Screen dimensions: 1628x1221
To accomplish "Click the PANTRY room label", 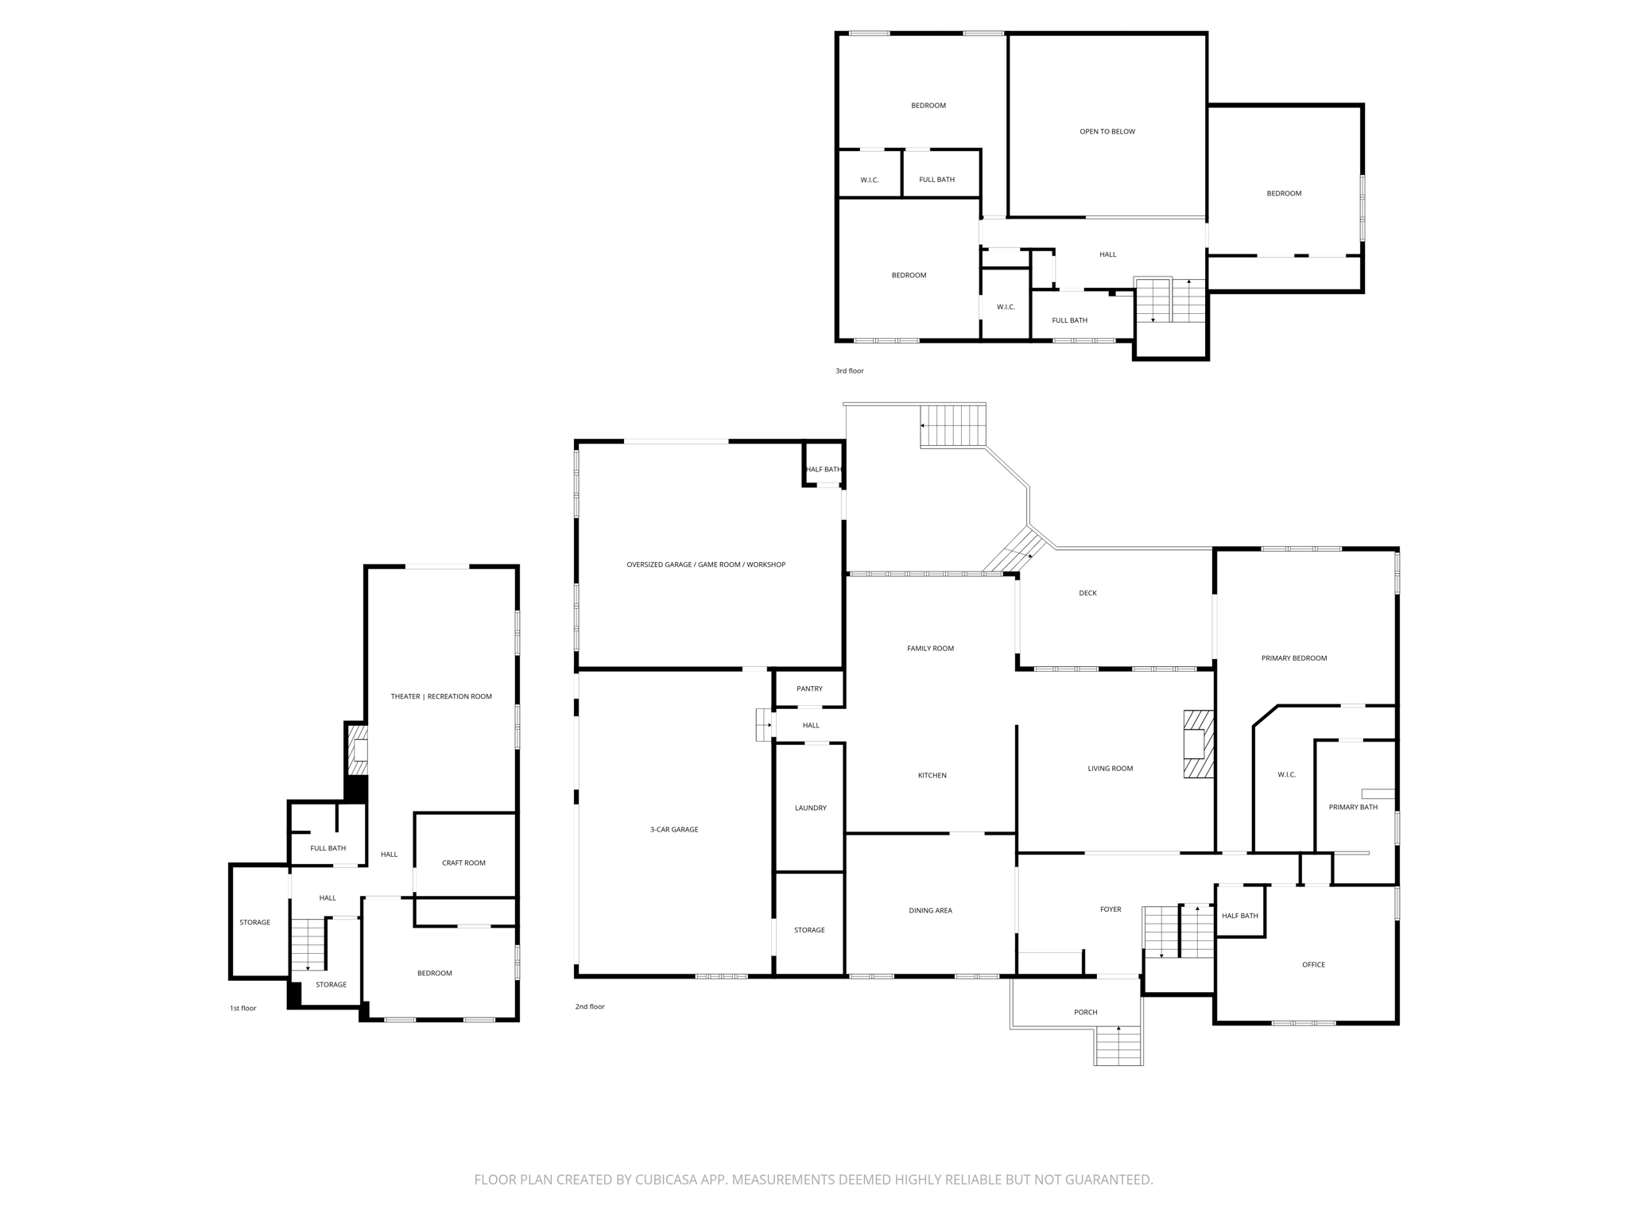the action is [x=809, y=688].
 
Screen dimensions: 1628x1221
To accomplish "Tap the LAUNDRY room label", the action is [x=811, y=808].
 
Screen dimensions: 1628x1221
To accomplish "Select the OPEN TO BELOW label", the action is [x=1107, y=131].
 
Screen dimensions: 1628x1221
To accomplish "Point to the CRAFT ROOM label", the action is [x=463, y=862].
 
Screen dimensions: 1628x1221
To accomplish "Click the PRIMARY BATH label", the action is [x=1353, y=807].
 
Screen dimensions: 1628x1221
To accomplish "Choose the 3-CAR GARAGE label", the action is [x=674, y=829].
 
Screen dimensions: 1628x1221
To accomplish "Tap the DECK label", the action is [x=1087, y=593].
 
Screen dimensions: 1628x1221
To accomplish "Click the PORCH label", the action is [x=1086, y=1012].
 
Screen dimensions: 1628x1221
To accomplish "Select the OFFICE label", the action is [x=1313, y=964].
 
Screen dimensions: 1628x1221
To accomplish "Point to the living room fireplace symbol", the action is [x=1199, y=743].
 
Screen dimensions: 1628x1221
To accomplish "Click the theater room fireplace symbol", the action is [x=359, y=750].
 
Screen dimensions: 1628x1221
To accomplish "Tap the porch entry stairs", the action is [x=1118, y=1045].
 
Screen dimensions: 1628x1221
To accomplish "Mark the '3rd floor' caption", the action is [x=849, y=370].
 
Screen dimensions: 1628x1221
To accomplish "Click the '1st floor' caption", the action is [x=243, y=1008].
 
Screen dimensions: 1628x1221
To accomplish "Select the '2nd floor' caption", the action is [x=590, y=1006].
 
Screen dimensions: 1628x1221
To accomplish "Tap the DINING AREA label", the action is [x=931, y=910].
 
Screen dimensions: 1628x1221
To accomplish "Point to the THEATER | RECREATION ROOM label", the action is [x=441, y=696].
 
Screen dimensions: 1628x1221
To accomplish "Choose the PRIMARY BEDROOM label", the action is [x=1294, y=658].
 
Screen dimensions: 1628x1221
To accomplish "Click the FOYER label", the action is [x=1111, y=909].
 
